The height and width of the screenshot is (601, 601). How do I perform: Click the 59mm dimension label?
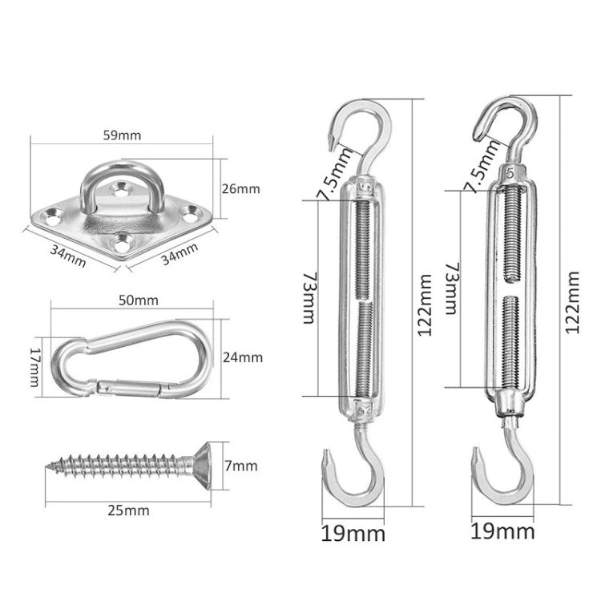(122, 135)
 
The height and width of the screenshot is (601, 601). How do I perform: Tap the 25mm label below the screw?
(131, 509)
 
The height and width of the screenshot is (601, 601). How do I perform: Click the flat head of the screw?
(205, 463)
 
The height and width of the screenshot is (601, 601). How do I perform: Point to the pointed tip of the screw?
(50, 463)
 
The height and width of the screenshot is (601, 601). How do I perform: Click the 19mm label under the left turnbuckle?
(353, 532)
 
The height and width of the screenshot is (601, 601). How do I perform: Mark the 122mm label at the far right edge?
(572, 303)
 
